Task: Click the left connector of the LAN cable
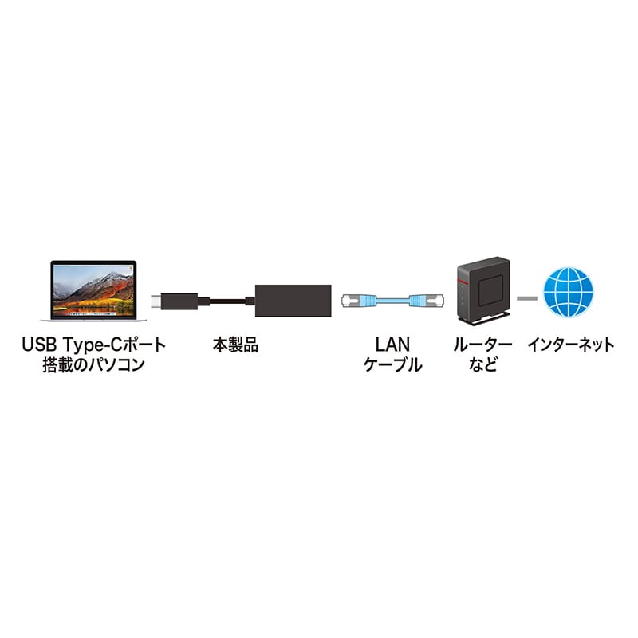352,301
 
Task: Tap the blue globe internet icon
568,292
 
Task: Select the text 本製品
235,345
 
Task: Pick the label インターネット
570,345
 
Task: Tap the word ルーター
482,345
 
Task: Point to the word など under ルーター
482,367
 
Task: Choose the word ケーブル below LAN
392,367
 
